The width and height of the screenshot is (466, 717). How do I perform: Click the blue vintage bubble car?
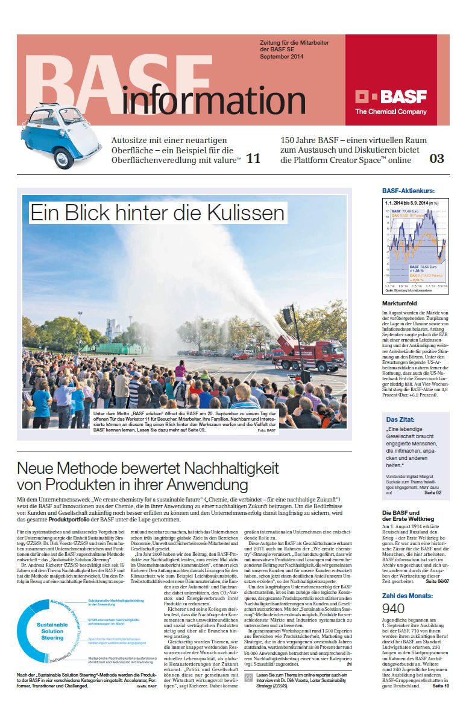[x=54, y=138]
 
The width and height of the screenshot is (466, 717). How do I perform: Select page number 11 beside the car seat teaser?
[x=254, y=159]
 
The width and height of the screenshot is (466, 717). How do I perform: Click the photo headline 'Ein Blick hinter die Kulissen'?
[x=157, y=212]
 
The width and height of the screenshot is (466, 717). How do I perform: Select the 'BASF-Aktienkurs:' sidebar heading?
[x=408, y=191]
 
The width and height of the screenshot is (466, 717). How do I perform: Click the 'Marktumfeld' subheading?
[x=399, y=303]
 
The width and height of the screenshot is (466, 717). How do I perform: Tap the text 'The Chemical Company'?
[x=391, y=112]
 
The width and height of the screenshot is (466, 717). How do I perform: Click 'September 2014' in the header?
[x=282, y=57]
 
